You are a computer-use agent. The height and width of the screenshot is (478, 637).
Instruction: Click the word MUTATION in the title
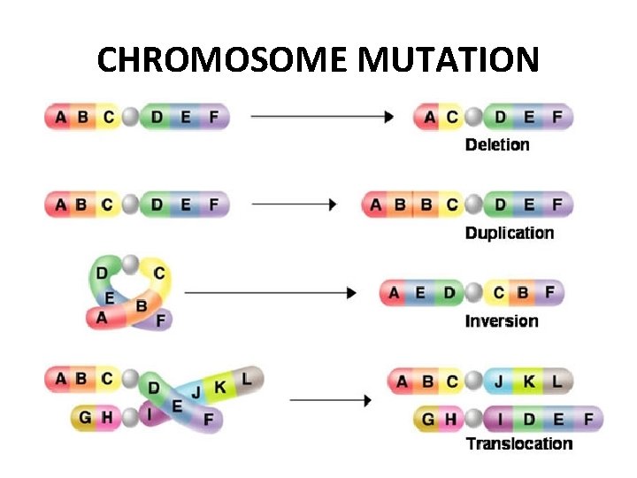tap(449, 60)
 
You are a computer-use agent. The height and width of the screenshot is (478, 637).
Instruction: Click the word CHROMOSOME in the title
tap(223, 60)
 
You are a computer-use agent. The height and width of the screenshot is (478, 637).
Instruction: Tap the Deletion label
tap(497, 144)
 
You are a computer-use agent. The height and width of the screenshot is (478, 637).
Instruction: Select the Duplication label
tap(510, 233)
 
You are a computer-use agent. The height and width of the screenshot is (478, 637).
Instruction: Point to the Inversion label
tap(502, 320)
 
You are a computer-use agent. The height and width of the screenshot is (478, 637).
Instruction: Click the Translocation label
tap(519, 443)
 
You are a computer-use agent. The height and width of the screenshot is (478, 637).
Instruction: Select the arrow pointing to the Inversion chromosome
tap(270, 292)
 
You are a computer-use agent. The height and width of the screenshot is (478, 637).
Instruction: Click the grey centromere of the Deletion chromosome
tap(475, 116)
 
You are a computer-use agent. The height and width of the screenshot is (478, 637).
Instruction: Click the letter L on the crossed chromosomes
tap(247, 379)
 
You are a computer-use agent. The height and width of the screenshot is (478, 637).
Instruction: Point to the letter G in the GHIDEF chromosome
tap(428, 419)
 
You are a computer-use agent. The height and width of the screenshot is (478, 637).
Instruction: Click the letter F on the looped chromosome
tap(160, 321)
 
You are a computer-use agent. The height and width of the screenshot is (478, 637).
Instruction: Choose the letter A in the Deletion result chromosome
tap(429, 116)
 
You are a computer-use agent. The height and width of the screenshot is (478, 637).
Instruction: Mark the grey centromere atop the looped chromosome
tap(131, 264)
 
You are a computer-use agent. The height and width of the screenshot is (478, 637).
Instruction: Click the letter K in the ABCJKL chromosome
tap(529, 382)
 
